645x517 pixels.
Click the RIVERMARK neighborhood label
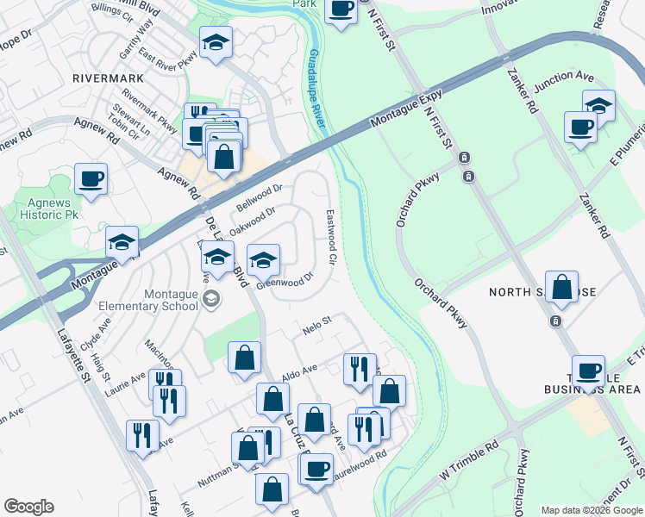107,77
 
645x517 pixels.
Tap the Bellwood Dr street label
260,199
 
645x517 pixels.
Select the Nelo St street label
317,325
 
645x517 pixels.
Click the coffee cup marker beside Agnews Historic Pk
91,179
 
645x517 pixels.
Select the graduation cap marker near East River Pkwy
216,41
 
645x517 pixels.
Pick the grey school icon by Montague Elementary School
210,299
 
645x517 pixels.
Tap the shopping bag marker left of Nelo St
245,356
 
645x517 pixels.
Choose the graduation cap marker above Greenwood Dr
263,258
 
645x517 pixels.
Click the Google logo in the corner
29,507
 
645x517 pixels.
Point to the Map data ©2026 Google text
592,511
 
